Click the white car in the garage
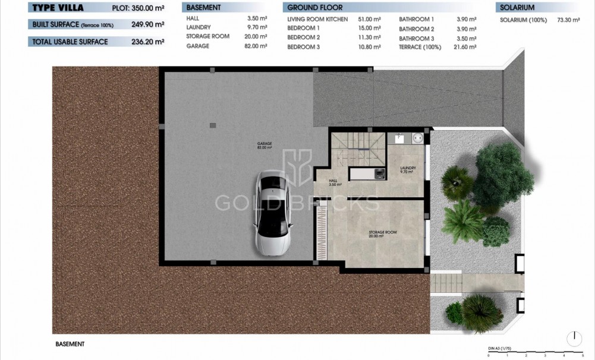point(273,213)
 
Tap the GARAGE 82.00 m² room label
point(265,146)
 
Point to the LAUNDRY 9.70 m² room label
point(407,169)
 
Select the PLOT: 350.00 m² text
point(138,9)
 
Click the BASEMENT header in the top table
point(204,8)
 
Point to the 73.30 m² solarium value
point(568,20)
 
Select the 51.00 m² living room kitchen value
point(369,19)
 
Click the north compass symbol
point(574,339)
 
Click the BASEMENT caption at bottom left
point(70,344)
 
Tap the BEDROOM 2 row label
point(303,37)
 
